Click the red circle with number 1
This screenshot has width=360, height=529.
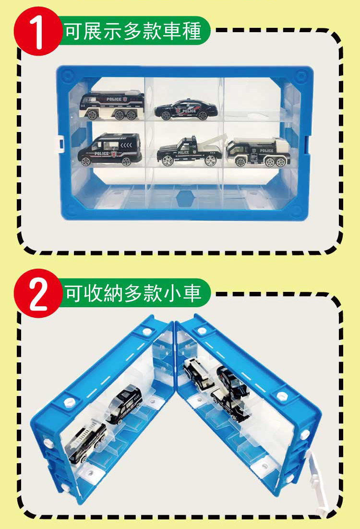(38, 31)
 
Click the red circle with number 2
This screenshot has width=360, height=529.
(38, 293)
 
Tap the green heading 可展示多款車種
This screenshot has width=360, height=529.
(133, 31)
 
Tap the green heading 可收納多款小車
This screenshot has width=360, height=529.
(133, 293)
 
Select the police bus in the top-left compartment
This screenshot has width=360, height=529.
(112, 105)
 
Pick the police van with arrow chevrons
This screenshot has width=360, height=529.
(110, 149)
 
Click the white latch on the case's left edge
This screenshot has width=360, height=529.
(60, 144)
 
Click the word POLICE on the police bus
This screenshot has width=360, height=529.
(114, 99)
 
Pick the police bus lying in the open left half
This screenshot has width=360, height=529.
(87, 442)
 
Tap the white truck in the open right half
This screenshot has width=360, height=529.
(198, 374)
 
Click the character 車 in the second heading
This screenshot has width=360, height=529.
(192, 293)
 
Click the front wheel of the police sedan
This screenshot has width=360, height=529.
(166, 116)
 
